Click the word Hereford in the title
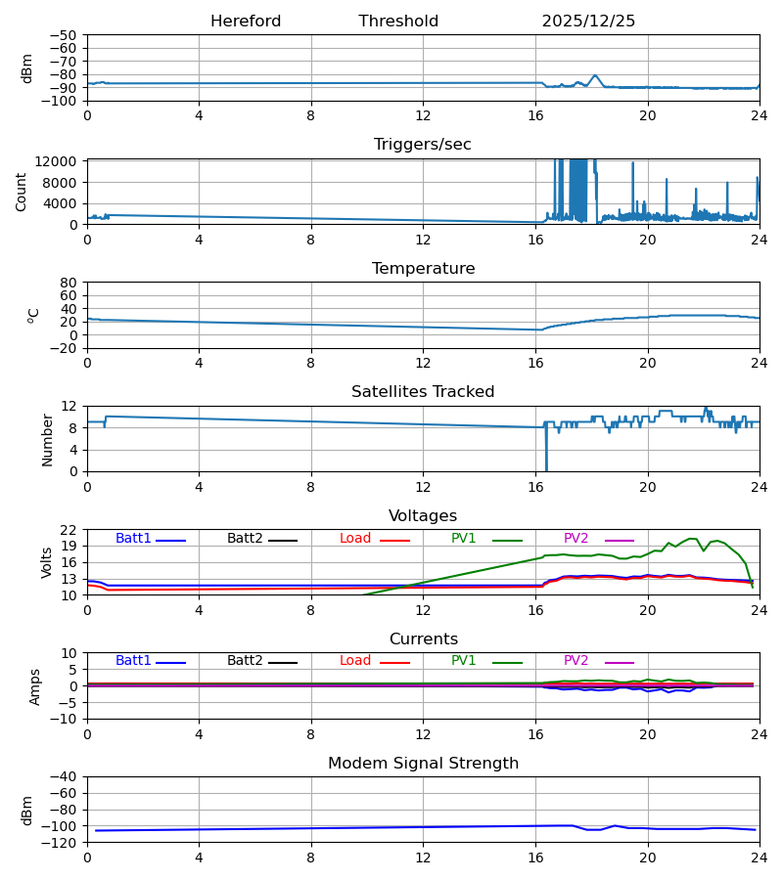(246, 22)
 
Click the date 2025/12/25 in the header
(588, 22)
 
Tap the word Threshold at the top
(398, 22)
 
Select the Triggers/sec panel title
(423, 145)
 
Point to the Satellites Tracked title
(423, 392)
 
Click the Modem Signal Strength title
(423, 764)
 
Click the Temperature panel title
(423, 269)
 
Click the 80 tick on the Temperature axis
(69, 283)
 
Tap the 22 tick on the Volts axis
(69, 530)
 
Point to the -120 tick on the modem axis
(62, 842)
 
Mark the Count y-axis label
(22, 192)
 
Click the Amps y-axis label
(35, 686)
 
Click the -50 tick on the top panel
(64, 35)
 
